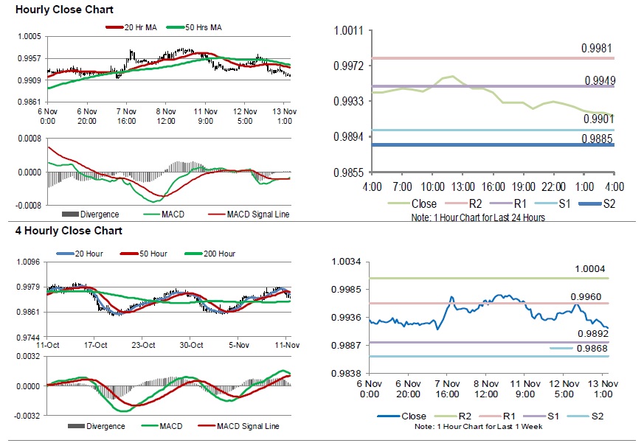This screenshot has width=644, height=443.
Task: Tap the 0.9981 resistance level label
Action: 596,48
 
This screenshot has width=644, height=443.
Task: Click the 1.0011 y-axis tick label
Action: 348,30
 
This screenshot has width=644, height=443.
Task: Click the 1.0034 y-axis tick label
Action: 345,262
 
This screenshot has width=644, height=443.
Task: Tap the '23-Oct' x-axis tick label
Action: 143,345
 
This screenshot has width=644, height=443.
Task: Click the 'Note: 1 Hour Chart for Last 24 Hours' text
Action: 477,218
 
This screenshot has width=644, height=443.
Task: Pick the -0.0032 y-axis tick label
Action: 27,415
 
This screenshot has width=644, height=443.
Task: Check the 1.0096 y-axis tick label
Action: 27,262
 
